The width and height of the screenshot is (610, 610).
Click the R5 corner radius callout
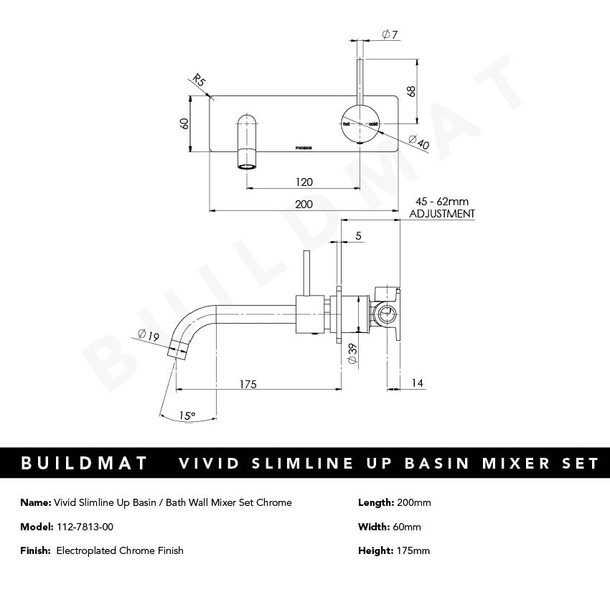click(x=200, y=80)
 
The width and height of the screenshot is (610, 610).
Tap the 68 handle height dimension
click(x=411, y=91)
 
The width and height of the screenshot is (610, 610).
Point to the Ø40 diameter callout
click(x=418, y=142)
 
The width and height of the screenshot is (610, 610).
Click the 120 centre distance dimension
click(x=304, y=182)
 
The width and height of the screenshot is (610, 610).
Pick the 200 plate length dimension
click(x=304, y=205)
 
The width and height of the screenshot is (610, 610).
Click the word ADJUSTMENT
click(x=441, y=214)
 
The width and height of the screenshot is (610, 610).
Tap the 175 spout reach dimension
click(x=248, y=385)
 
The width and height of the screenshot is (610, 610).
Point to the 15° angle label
click(x=187, y=416)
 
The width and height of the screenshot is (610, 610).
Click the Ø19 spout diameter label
click(x=149, y=334)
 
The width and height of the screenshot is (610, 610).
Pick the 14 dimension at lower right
click(x=418, y=385)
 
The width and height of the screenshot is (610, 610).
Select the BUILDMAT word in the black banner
click(x=85, y=463)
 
